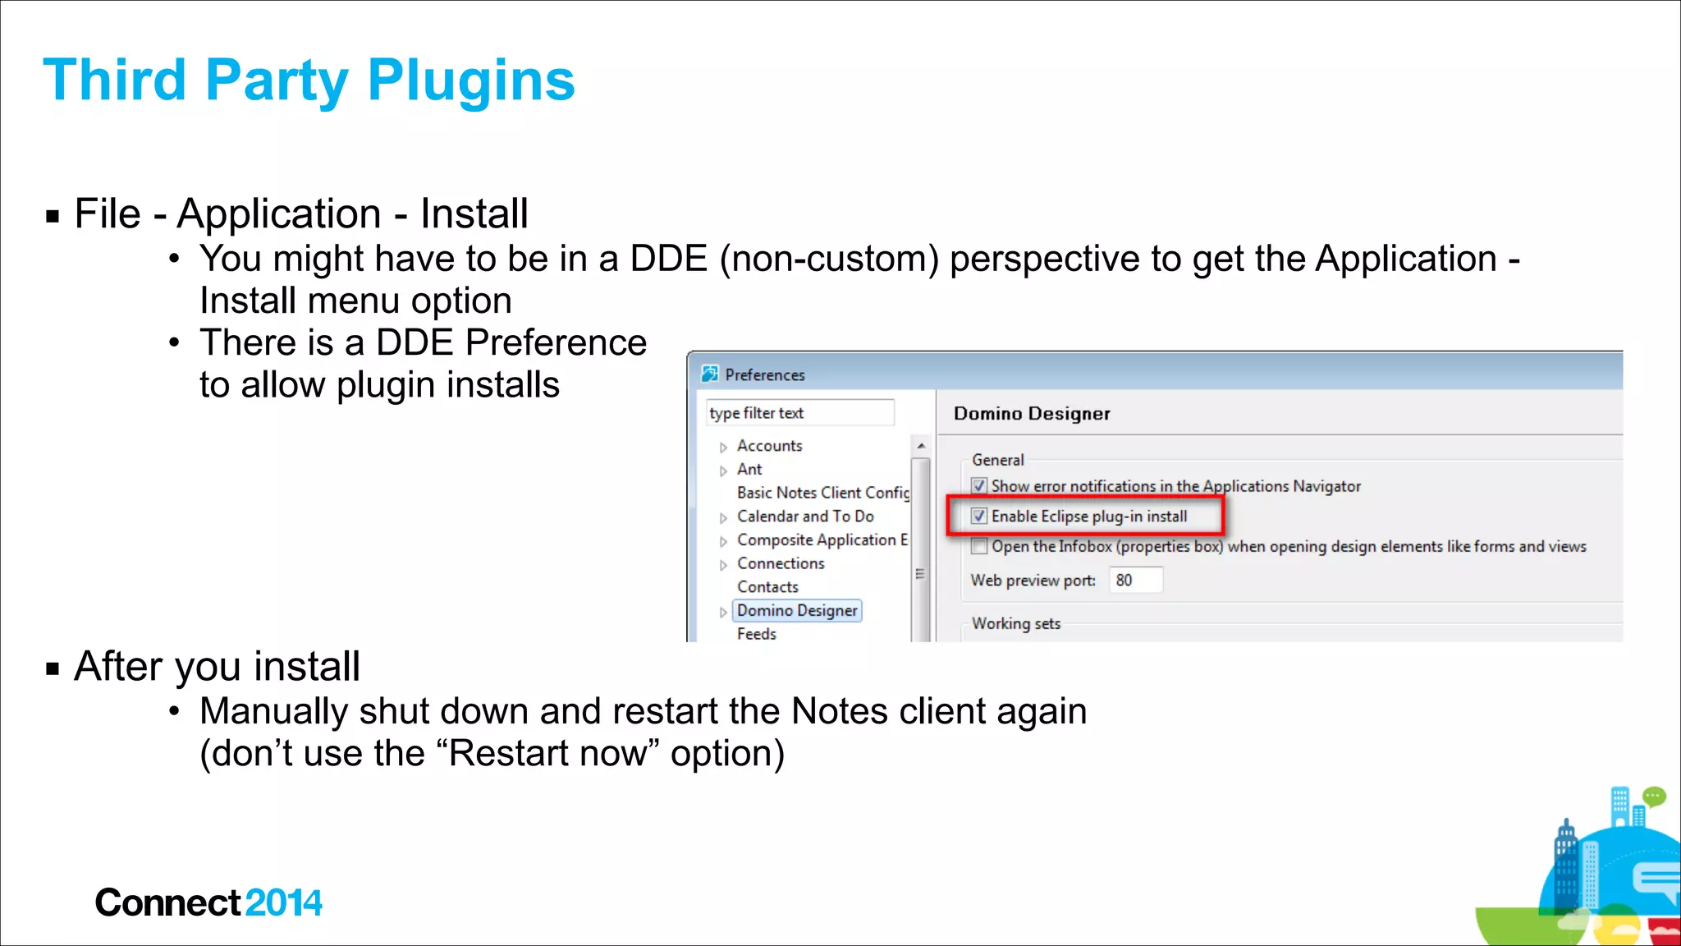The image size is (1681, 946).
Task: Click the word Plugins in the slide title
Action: click(x=471, y=80)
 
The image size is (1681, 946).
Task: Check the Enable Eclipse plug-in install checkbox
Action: click(x=978, y=517)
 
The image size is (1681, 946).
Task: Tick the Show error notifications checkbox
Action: click(x=978, y=486)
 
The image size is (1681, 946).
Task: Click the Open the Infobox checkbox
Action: click(x=978, y=547)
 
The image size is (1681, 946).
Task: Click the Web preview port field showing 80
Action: click(x=1135, y=581)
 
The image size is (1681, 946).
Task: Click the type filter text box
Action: click(x=799, y=413)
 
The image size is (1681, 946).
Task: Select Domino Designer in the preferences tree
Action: click(x=797, y=611)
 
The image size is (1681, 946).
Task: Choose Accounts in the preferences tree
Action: click(x=769, y=446)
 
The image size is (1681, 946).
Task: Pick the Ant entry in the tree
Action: click(x=749, y=470)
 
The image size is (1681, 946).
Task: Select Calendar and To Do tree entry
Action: click(x=805, y=517)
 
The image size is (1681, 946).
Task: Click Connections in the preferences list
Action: click(x=781, y=564)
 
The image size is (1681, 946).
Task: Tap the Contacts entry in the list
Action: click(x=767, y=587)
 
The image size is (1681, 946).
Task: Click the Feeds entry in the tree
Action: click(x=756, y=634)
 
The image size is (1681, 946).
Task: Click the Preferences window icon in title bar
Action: click(x=710, y=374)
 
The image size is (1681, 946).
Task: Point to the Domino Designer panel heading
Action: click(x=1032, y=414)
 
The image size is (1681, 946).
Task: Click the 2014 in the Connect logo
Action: click(x=283, y=903)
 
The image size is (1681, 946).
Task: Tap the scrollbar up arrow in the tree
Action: click(x=921, y=446)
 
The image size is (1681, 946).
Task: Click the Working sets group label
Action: click(x=1016, y=624)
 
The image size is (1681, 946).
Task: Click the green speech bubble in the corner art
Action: click(x=1654, y=796)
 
